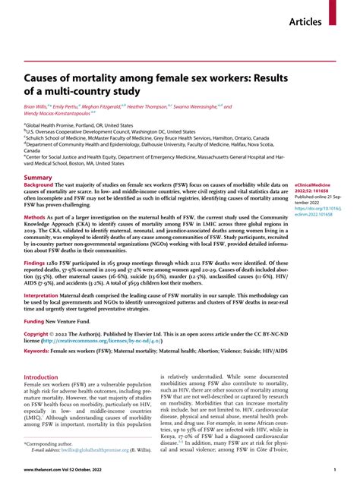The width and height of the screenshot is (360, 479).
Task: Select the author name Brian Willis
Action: [x=39, y=108]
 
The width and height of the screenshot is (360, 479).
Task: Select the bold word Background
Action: [x=39, y=185]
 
